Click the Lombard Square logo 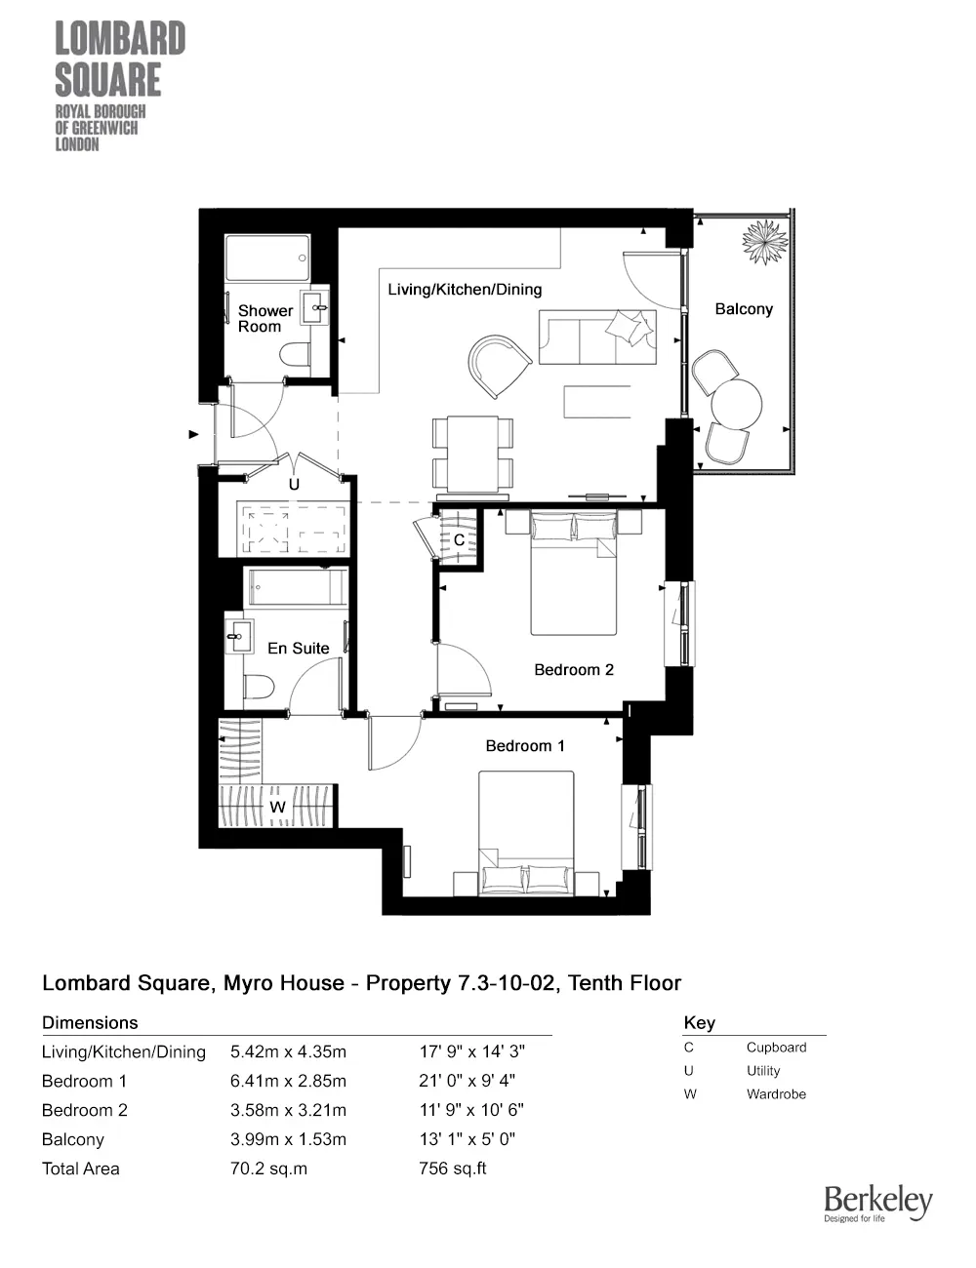(x=120, y=86)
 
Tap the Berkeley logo (x=878, y=1204)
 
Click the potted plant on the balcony (x=764, y=242)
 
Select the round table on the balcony (x=737, y=404)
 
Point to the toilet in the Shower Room (x=295, y=354)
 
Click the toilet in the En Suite (x=258, y=687)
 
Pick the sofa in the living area (x=597, y=337)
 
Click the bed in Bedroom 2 (x=574, y=573)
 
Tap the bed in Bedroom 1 (x=526, y=833)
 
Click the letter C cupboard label (x=460, y=539)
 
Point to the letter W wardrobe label (x=277, y=807)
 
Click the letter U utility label (x=294, y=485)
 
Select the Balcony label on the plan (x=744, y=309)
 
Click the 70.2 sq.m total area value (x=268, y=1169)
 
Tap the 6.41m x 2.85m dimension (x=288, y=1082)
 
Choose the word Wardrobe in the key (x=776, y=1094)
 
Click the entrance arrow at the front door (x=194, y=435)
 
